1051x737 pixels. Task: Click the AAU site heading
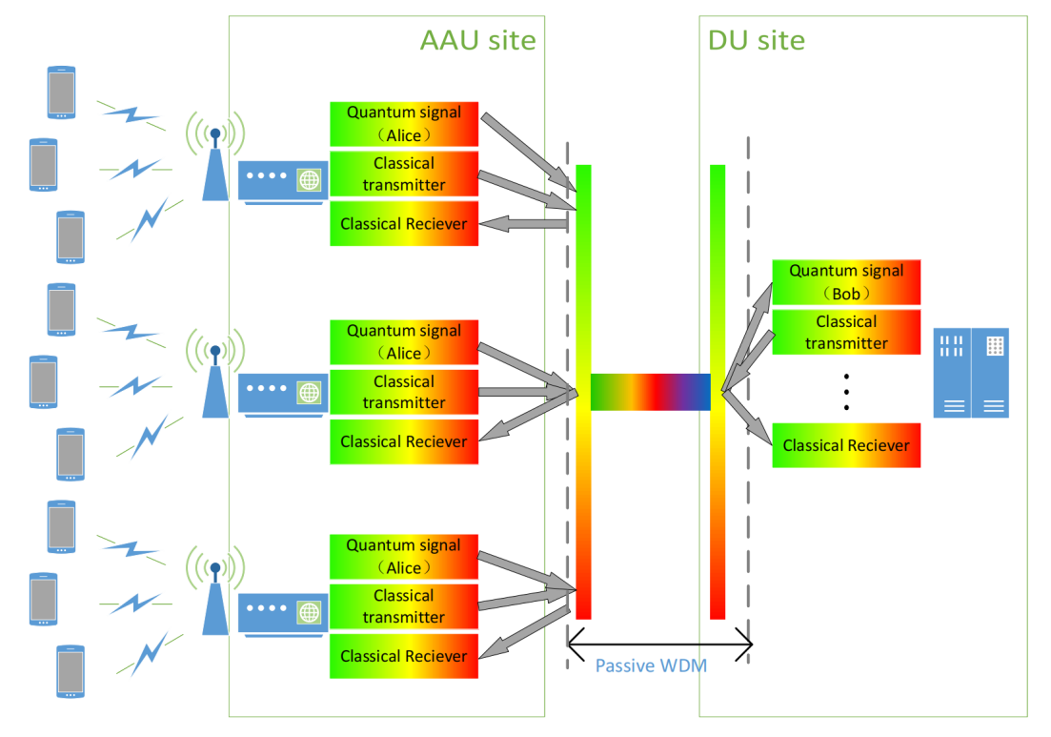point(477,40)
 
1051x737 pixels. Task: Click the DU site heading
point(756,40)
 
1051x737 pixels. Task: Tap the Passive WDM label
point(651,665)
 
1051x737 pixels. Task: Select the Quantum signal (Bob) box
point(846,282)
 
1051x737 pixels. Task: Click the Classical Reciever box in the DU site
point(846,445)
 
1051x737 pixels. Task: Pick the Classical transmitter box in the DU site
point(846,332)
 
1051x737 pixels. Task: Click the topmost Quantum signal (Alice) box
point(404,124)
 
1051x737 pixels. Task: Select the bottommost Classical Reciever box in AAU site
point(404,656)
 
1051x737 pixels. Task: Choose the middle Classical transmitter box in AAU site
point(404,392)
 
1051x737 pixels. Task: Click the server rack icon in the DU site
point(971,373)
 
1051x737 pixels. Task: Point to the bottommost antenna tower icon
point(215,597)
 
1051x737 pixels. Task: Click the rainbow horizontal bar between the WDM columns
point(651,392)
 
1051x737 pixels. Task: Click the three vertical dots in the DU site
point(847,392)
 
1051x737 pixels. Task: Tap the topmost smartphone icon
point(62,92)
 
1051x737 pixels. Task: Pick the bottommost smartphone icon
point(70,672)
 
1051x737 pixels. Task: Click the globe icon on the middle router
point(309,391)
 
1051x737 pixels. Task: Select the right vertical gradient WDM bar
point(718,391)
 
